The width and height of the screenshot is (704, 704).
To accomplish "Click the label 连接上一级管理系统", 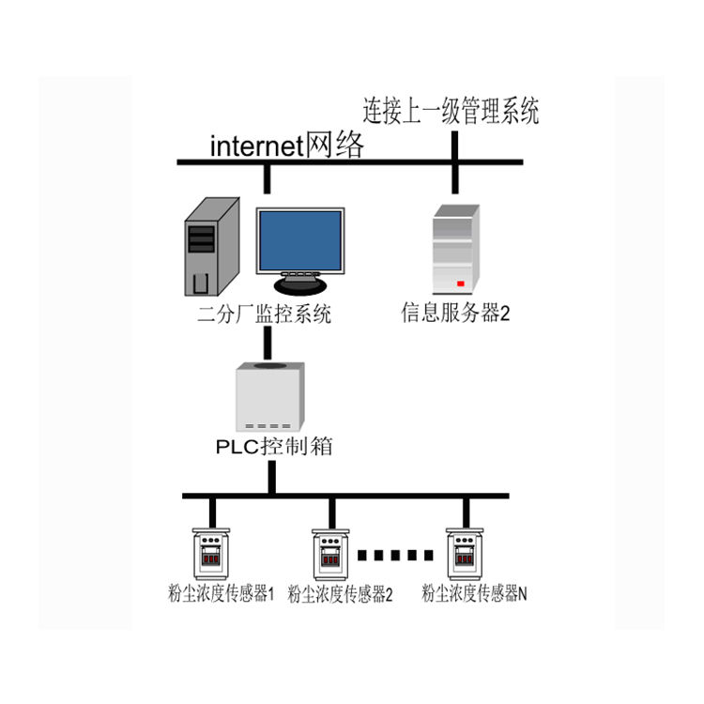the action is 451,111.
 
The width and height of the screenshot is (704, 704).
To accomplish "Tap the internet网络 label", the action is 287,145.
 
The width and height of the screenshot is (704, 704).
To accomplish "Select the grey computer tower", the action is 212,247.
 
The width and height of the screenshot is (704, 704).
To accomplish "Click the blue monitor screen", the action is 300,240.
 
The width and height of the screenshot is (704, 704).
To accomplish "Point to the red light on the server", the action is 460,283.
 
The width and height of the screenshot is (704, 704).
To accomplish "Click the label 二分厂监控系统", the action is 265,314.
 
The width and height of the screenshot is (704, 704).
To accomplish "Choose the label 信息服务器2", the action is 455,313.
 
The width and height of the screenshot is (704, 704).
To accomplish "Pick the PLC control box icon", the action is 270,396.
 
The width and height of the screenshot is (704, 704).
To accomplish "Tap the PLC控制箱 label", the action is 274,446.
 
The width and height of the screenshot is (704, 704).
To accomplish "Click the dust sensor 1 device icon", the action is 211,554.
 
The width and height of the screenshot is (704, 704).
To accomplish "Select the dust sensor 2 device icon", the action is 331,555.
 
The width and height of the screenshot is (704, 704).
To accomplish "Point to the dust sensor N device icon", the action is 465,554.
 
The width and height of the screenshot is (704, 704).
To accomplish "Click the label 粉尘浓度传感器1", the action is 221,593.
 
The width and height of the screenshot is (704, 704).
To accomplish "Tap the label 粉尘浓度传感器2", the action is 340,594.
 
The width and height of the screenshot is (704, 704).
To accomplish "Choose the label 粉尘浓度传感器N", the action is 474,593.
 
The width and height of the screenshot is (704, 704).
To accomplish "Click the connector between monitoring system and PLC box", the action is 268,343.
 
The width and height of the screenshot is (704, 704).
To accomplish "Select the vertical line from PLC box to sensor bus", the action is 271,477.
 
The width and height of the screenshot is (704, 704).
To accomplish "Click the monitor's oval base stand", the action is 300,285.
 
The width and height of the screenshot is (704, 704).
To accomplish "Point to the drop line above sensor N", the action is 466,513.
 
